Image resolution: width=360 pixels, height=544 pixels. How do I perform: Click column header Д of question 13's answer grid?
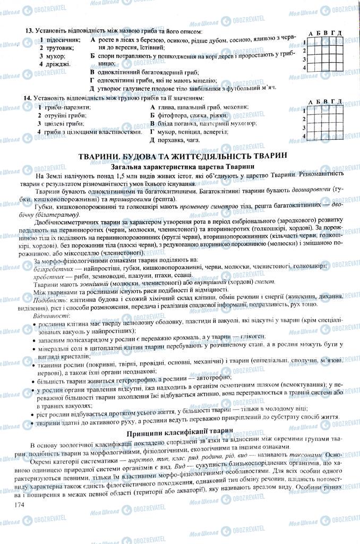point(338,33)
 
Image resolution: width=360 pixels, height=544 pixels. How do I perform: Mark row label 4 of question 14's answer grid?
point(304,136)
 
